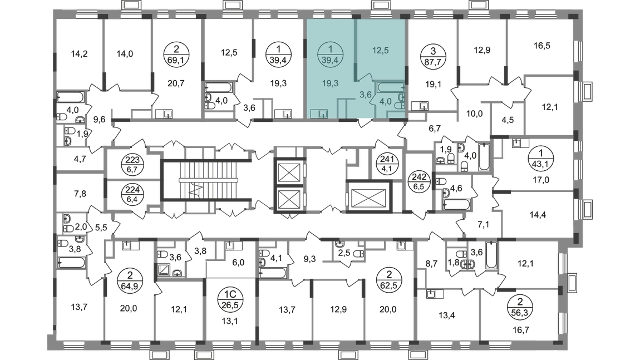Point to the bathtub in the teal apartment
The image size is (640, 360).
tap(390, 87)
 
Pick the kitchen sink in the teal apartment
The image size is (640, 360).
tap(319, 114)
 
